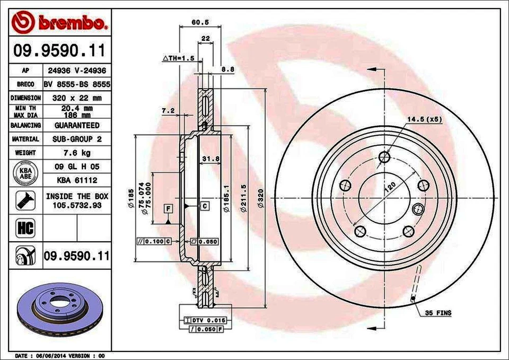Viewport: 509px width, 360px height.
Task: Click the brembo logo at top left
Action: tap(59, 23)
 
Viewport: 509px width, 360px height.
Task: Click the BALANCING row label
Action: tap(25, 126)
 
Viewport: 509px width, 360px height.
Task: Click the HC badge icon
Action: tap(25, 228)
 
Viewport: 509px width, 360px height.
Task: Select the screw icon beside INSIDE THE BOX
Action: tap(25, 200)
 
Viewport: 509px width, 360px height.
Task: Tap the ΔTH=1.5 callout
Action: tap(179, 57)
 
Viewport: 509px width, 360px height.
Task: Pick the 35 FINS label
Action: tap(437, 313)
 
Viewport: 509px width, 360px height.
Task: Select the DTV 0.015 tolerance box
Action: tap(208, 320)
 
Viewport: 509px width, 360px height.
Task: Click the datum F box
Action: tap(168, 207)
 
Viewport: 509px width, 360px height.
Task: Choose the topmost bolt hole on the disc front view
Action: tap(385, 157)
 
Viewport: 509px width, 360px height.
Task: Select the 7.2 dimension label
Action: tap(168, 110)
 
